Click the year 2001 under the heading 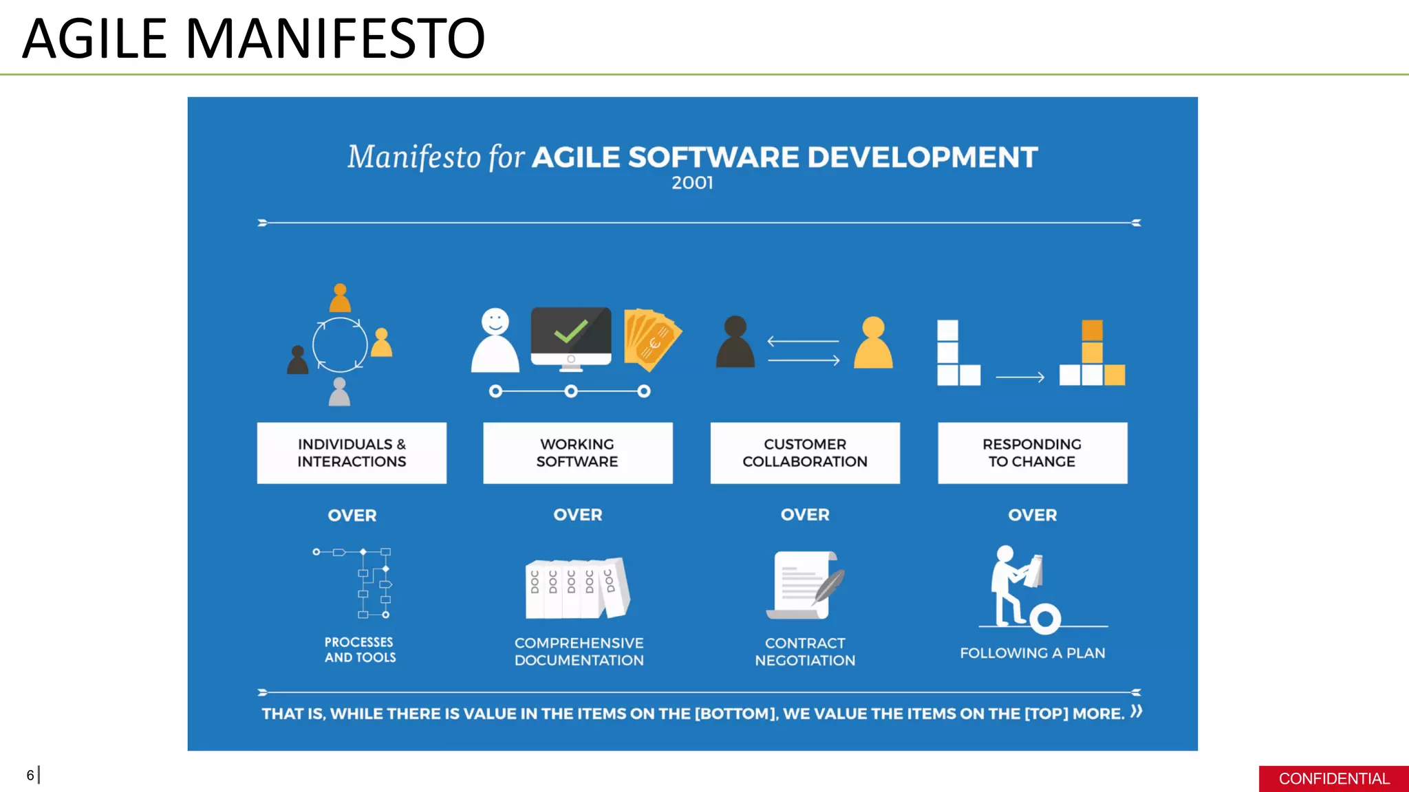click(692, 183)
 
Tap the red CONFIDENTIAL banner click(1333, 778)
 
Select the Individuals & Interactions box click(352, 453)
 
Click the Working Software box click(577, 453)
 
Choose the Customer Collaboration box click(805, 453)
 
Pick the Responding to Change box click(1032, 453)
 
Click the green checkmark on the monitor click(571, 331)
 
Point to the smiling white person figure click(495, 341)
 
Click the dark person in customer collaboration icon click(735, 342)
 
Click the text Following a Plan click(1032, 653)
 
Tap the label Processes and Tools click(360, 650)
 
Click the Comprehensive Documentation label click(579, 652)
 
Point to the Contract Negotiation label click(805, 652)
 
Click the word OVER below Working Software click(577, 515)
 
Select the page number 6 click(30, 775)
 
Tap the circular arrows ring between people click(340, 344)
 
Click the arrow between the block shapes click(1020, 377)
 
